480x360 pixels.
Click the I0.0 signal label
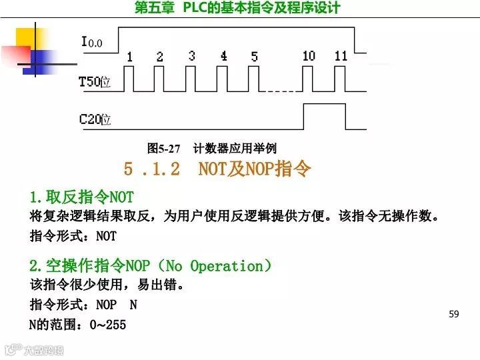[92, 43]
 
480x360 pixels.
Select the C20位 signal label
[95, 120]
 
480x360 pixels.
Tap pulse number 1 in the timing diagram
[129, 57]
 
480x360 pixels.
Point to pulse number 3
[191, 56]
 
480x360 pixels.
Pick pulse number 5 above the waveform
[254, 57]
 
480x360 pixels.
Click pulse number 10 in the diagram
[308, 56]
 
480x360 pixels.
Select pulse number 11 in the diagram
[341, 56]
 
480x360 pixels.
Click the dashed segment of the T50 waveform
[279, 91]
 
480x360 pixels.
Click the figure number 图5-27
[163, 148]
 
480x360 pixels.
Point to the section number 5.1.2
[151, 169]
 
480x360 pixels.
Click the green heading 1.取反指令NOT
[81, 197]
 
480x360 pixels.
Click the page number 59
[454, 314]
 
